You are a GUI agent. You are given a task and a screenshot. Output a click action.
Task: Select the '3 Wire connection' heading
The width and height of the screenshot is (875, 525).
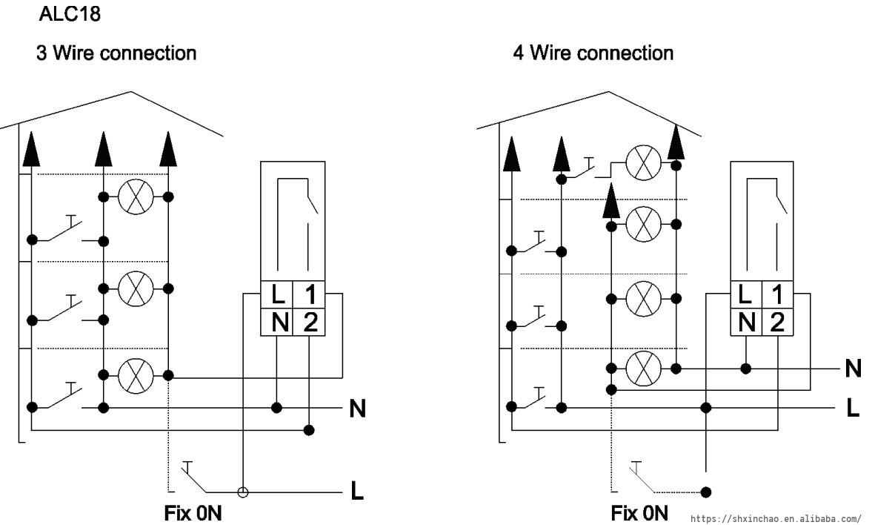coord(117,53)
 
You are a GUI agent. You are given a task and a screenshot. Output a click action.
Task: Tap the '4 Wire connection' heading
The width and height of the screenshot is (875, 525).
coord(593,53)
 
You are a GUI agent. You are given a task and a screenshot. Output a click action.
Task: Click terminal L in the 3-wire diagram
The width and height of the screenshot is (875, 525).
coord(277,295)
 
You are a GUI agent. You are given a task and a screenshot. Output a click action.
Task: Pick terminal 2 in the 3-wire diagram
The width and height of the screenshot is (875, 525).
coord(310,322)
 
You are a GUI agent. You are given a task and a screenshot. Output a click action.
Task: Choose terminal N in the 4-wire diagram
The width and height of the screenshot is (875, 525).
coord(748,322)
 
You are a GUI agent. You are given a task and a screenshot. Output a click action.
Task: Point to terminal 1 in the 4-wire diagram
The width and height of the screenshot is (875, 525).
coord(777,295)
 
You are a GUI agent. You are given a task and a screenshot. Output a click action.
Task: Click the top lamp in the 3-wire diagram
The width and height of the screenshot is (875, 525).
coord(136,197)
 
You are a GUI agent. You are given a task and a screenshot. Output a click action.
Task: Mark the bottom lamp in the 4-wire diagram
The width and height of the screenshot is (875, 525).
coord(643,368)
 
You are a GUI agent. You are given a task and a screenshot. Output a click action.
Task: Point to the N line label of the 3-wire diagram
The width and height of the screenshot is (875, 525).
coord(357,409)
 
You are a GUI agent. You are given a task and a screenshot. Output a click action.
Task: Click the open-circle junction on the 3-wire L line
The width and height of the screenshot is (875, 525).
coord(242,492)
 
